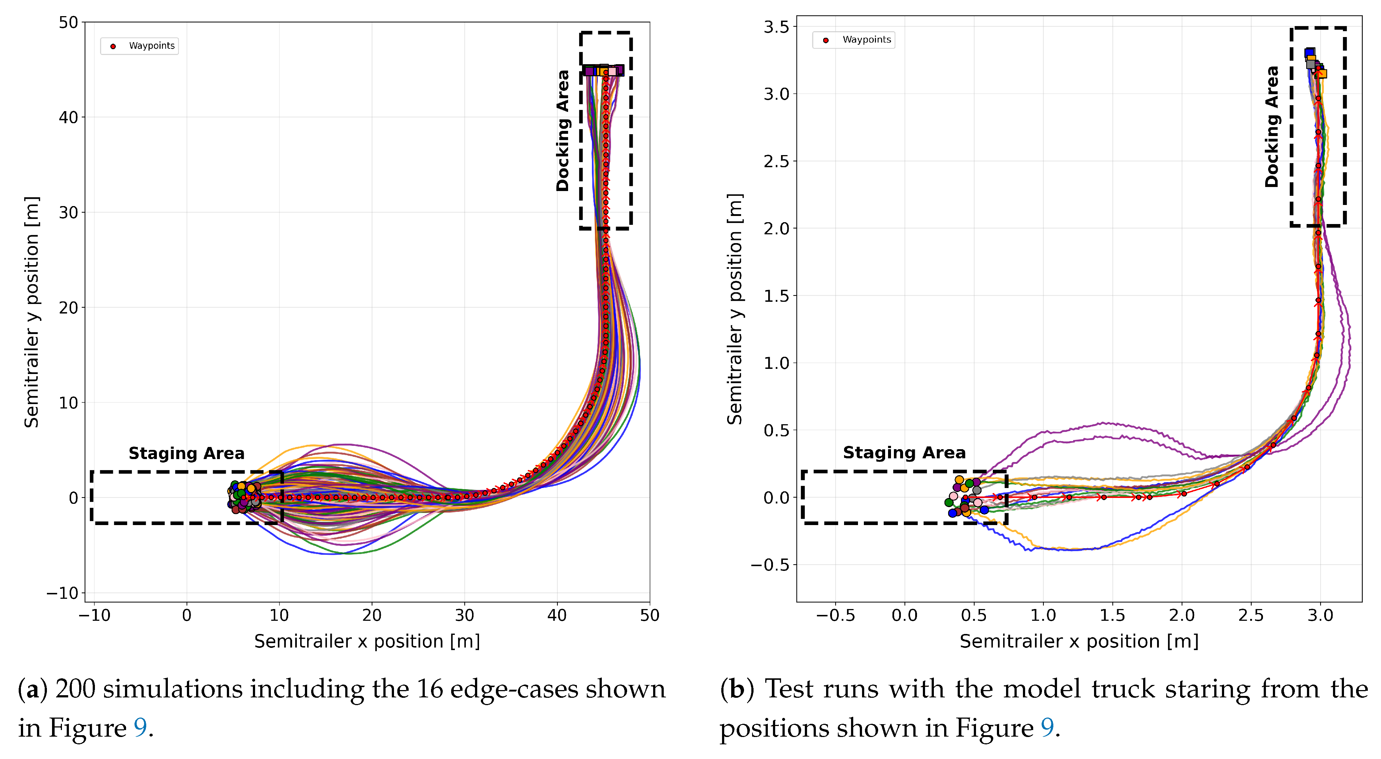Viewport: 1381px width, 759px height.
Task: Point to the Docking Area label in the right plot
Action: tap(1272, 126)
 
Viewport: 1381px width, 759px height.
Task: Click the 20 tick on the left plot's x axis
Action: tap(372, 615)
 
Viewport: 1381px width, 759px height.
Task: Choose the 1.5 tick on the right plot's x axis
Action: tap(1112, 615)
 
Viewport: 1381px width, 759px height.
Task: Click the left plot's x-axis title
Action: tap(367, 642)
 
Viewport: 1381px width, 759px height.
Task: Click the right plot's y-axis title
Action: tap(734, 309)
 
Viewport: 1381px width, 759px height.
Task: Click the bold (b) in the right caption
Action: tap(737, 689)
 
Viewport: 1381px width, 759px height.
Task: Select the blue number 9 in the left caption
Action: tap(140, 729)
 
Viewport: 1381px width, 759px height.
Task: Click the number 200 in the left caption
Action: tap(75, 689)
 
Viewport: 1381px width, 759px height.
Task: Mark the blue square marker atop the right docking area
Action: tap(1309, 52)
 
